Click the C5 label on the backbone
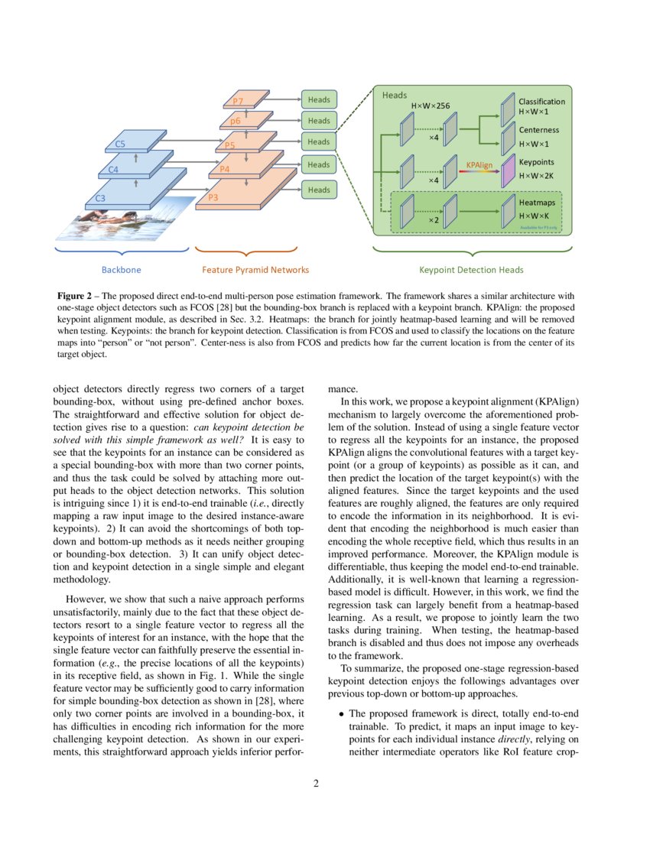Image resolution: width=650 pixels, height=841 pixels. click(x=120, y=144)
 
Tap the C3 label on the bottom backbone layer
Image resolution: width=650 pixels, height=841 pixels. click(x=100, y=198)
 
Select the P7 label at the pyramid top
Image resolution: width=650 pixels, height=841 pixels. click(x=238, y=102)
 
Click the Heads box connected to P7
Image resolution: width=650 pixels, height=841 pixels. click(x=319, y=99)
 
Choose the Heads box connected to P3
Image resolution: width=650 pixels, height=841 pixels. click(x=319, y=189)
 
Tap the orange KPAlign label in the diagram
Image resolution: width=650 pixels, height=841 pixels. click(x=479, y=164)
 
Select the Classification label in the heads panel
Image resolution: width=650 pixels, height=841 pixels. click(x=541, y=102)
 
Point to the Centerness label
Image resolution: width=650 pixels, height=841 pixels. click(x=538, y=130)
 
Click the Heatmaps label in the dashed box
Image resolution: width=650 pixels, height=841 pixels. click(x=538, y=203)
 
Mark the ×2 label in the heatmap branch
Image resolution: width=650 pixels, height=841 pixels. click(x=433, y=219)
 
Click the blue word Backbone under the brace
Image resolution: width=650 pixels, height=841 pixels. click(x=122, y=270)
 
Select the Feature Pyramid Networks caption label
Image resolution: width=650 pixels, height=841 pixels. click(x=255, y=270)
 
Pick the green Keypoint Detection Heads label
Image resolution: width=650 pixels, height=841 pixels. click(x=471, y=270)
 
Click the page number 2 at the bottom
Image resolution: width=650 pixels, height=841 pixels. click(x=325, y=784)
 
